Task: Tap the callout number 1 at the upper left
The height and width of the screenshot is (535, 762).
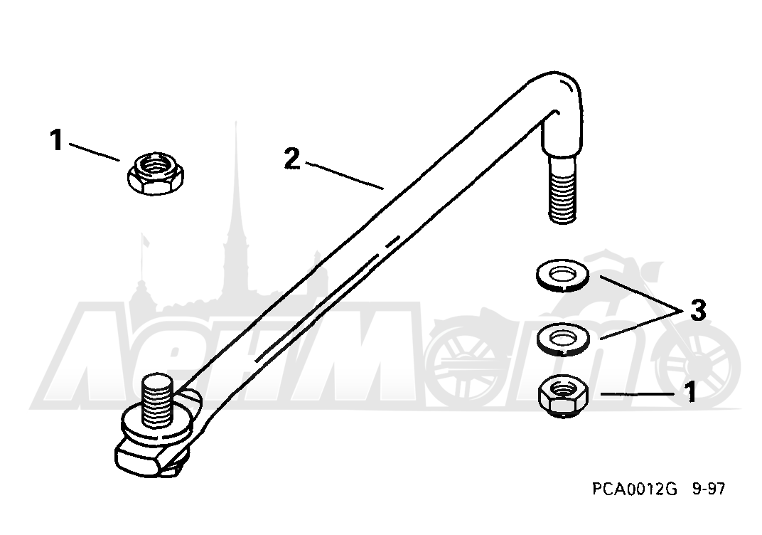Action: (x=57, y=139)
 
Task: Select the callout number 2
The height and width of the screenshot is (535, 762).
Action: (x=291, y=159)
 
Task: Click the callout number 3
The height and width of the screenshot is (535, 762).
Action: (x=698, y=309)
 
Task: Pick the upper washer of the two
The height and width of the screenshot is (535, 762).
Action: (x=562, y=275)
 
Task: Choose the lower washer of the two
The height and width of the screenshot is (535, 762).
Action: (x=563, y=336)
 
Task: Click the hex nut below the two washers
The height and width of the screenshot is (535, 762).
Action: (x=564, y=396)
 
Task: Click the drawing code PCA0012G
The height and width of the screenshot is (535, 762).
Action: (x=634, y=488)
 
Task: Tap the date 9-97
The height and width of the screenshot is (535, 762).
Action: (x=708, y=488)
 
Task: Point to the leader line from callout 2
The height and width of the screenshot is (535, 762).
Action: (x=345, y=176)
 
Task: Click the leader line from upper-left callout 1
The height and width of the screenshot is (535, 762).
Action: (x=95, y=152)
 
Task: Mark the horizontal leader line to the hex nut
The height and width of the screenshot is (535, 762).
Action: (x=638, y=393)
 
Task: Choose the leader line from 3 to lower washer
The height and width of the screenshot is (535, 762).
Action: (x=640, y=325)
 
